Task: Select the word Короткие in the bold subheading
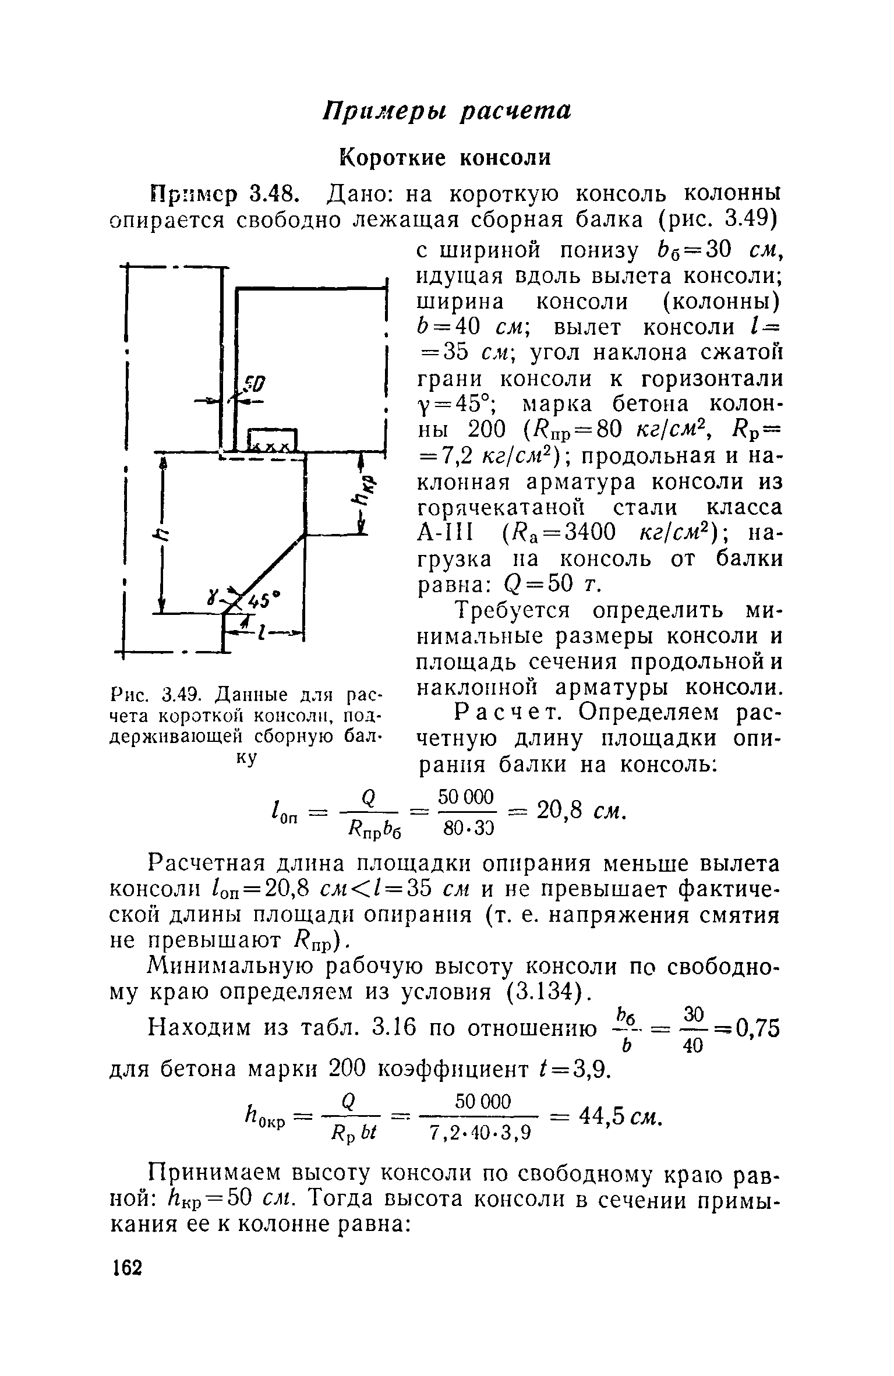pyautogui.click(x=395, y=158)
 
